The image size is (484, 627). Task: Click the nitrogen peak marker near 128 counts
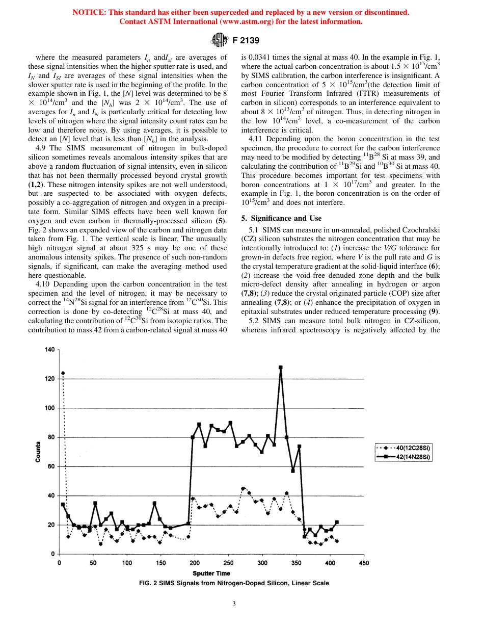click(x=280, y=367)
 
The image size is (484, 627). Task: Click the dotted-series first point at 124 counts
click(x=63, y=373)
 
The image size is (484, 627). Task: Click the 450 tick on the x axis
click(x=364, y=563)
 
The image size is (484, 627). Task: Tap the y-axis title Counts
click(x=38, y=452)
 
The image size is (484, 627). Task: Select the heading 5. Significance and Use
click(x=281, y=218)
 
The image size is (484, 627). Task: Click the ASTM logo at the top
click(x=219, y=39)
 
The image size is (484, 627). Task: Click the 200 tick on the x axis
click(x=195, y=563)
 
